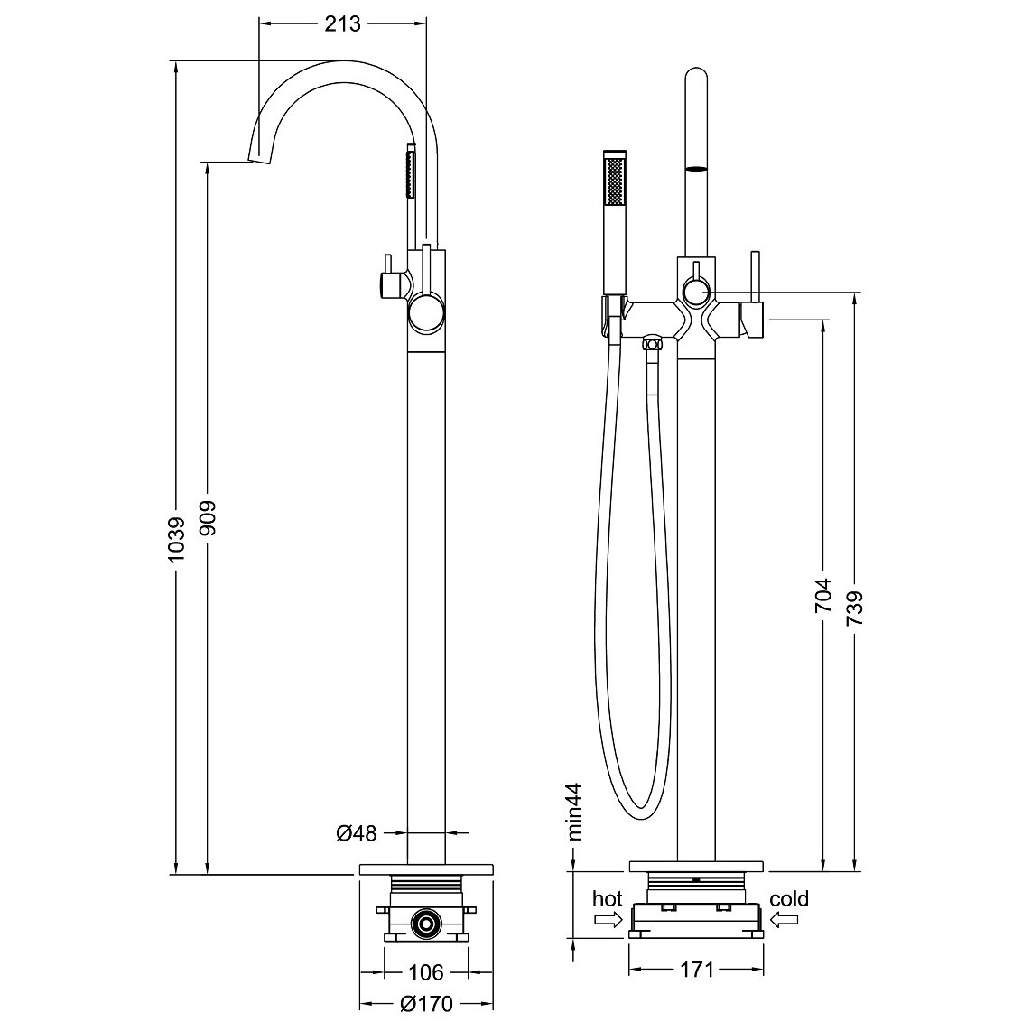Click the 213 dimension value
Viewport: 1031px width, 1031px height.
pyautogui.click(x=342, y=24)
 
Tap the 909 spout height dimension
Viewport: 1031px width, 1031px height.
pyautogui.click(x=207, y=518)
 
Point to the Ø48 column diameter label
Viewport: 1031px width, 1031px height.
pyautogui.click(x=357, y=833)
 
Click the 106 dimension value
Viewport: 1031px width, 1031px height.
pyautogui.click(x=426, y=971)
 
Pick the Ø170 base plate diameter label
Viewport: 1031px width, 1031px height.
pyautogui.click(x=427, y=1004)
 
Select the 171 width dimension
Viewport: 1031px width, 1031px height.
pyautogui.click(x=696, y=970)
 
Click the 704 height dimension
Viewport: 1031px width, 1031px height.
pyautogui.click(x=823, y=596)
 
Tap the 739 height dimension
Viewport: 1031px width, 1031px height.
pyautogui.click(x=855, y=608)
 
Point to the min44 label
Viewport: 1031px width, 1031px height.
pyautogui.click(x=574, y=812)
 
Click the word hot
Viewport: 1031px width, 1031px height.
pyautogui.click(x=607, y=899)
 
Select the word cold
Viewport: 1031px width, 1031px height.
pyautogui.click(x=789, y=899)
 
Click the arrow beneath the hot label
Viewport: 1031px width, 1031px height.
pyautogui.click(x=608, y=921)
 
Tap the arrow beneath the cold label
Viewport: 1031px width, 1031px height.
pyautogui.click(x=785, y=921)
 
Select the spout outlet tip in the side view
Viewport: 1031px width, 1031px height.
pyautogui.click(x=260, y=157)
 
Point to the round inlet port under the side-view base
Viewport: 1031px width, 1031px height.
pyautogui.click(x=426, y=924)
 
